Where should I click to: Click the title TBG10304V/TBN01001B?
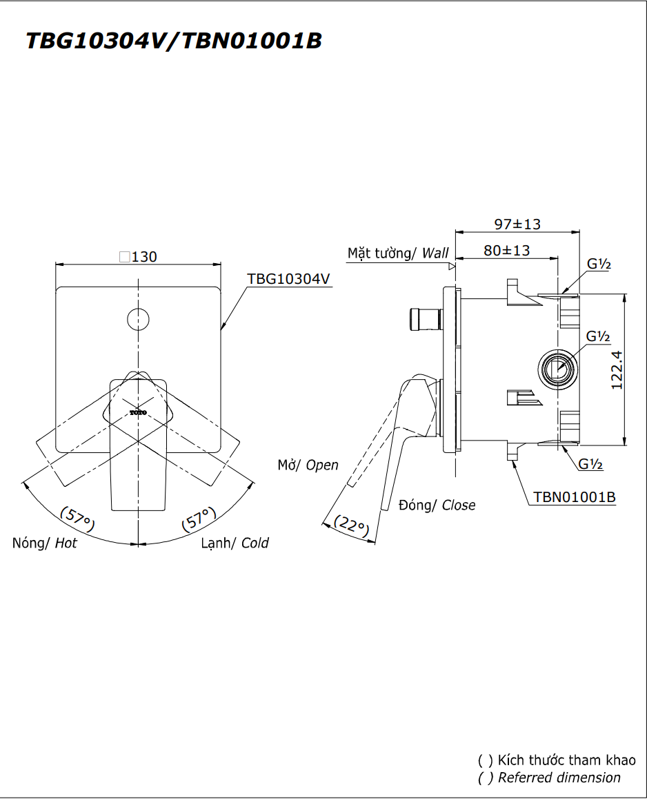[173, 41]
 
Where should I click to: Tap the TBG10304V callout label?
[289, 278]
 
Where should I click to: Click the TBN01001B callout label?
[574, 497]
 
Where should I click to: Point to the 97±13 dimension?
[517, 224]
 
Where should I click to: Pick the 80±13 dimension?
[506, 250]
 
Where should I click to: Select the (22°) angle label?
[352, 526]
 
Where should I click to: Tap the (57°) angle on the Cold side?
[199, 519]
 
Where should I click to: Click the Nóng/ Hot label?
[45, 543]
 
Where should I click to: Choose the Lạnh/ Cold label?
[235, 543]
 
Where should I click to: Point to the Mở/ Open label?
[308, 465]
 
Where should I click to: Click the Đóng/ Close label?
[437, 505]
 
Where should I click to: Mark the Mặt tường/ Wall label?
[397, 253]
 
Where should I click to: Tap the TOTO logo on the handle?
[139, 412]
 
